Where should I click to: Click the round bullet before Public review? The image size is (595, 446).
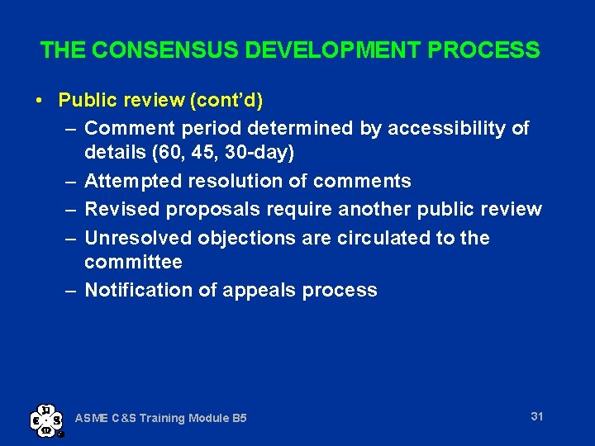(x=40, y=101)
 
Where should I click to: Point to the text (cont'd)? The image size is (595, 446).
(x=226, y=101)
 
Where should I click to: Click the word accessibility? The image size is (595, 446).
(x=448, y=128)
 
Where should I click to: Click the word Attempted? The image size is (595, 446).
(x=129, y=182)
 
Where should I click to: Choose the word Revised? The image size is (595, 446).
(x=122, y=209)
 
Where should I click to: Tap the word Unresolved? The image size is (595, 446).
(x=138, y=238)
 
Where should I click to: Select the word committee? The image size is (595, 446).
(x=133, y=263)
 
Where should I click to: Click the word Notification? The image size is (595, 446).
(x=136, y=290)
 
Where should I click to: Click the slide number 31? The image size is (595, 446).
(x=537, y=416)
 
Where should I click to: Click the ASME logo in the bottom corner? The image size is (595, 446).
(x=46, y=420)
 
